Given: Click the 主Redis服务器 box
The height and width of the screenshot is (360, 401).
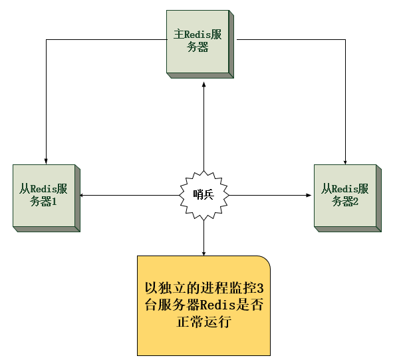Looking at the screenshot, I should coord(198,41).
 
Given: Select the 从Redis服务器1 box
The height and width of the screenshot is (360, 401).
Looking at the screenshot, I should coord(43,194).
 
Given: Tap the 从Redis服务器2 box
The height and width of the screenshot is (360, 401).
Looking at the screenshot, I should coord(344,194).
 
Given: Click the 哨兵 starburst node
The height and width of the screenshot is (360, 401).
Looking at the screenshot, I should coord(202,195).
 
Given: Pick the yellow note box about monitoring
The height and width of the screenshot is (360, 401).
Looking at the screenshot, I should coord(203,305).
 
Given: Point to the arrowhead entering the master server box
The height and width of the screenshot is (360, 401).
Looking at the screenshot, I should coord(203,84).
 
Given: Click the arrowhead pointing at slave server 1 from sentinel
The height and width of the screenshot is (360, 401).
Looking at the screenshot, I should coord(82,195).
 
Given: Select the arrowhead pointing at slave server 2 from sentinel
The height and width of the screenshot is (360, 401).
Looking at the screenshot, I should coord(309,195).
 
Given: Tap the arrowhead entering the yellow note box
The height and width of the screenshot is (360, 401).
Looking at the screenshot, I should coord(203,252).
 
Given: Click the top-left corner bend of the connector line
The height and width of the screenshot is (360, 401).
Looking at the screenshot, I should coord(45,40).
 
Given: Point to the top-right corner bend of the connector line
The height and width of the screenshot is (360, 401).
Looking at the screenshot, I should coord(346,40).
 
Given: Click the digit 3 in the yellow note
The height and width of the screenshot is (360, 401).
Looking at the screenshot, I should coord(260,289).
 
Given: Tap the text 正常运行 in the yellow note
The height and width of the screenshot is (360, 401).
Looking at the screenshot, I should coord(203,322).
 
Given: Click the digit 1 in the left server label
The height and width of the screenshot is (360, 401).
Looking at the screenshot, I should coord(54,202).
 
